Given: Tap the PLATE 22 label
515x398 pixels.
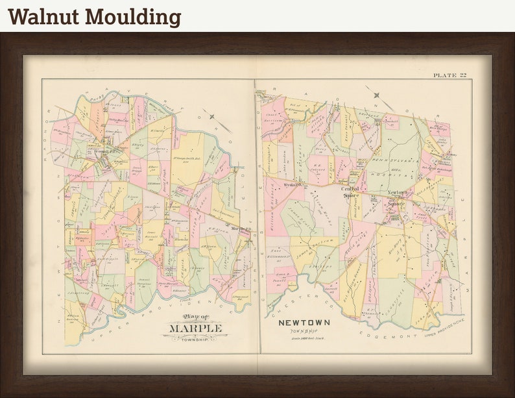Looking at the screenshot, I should pyautogui.click(x=449, y=76).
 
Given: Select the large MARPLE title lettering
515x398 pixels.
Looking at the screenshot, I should pyautogui.click(x=195, y=329).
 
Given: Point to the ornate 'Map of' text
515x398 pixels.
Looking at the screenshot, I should pyautogui.click(x=196, y=317).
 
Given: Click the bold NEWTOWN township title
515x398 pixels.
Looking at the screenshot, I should pyautogui.click(x=304, y=323).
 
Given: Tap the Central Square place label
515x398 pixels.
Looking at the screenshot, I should pyautogui.click(x=351, y=192).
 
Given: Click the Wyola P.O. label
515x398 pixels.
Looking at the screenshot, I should pyautogui.click(x=293, y=184).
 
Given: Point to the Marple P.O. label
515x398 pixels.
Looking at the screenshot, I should pyautogui.click(x=241, y=229).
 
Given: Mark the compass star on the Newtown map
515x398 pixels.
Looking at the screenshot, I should pyautogui.click(x=377, y=95).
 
